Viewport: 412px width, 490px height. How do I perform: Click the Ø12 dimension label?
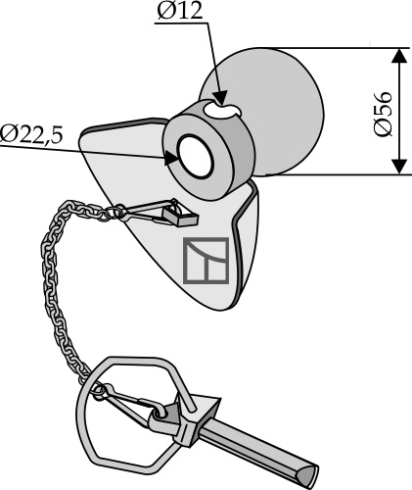180,12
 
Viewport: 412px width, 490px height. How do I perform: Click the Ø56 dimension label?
383,114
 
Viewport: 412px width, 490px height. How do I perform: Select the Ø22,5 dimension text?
31,134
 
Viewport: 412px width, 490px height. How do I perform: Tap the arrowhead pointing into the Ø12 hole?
220,98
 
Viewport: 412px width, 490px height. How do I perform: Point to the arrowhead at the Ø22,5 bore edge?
171,158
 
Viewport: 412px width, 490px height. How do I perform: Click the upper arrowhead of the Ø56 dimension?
399,56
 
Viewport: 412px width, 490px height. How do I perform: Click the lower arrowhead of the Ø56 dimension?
399,167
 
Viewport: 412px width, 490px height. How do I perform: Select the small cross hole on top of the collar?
222,110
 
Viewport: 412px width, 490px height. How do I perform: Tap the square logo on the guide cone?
206,261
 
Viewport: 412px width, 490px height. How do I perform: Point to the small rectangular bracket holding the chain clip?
180,218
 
